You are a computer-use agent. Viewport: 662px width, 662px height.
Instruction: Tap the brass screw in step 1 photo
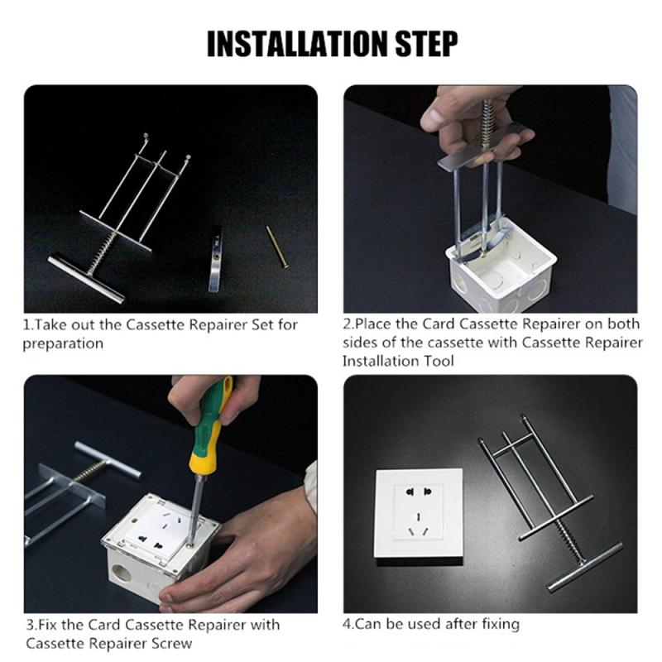coord(277,247)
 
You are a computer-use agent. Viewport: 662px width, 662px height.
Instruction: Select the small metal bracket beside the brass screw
coord(215,258)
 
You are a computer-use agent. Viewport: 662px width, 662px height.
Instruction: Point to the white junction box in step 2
coord(496,273)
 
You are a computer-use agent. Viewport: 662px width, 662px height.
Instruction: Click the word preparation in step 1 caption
coord(63,343)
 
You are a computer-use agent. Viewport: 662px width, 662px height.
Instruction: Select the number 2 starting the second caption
coord(348,324)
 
